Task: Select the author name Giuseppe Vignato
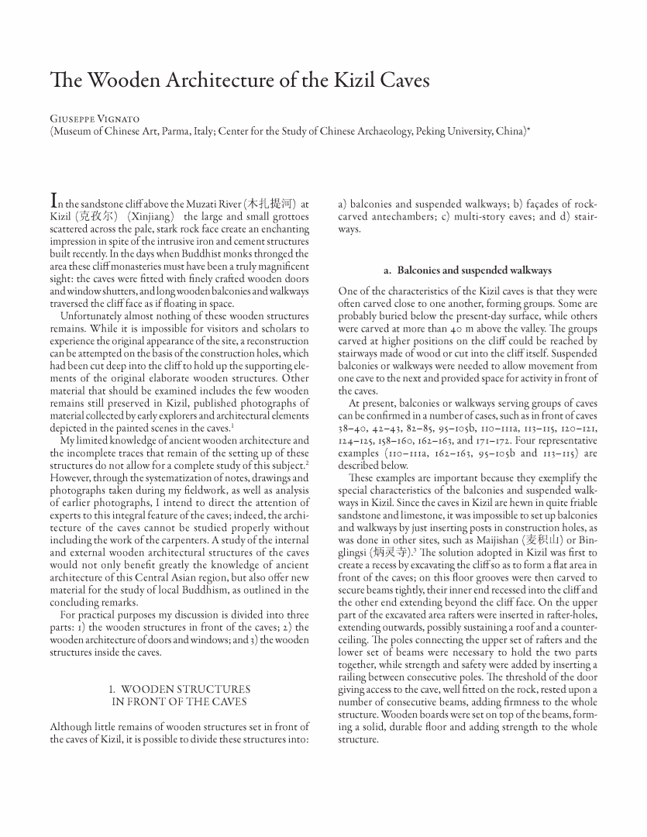[95, 119]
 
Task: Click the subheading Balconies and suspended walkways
[474, 270]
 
